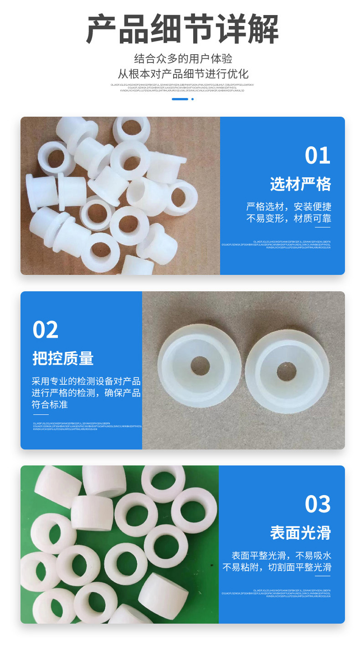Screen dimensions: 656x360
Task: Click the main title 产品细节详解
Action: click(182, 29)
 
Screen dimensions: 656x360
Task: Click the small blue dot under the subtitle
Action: click(192, 99)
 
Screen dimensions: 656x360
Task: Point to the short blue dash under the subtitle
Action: click(180, 99)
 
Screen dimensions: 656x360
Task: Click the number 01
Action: click(317, 156)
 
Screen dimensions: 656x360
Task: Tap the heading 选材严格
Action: click(300, 184)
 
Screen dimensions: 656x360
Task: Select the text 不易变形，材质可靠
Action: click(289, 218)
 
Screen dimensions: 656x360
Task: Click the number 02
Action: click(46, 330)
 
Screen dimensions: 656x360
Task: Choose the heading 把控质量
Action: click(63, 358)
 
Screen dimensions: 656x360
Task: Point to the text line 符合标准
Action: click(50, 404)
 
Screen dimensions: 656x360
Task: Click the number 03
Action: click(317, 504)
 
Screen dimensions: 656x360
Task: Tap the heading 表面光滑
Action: click(300, 532)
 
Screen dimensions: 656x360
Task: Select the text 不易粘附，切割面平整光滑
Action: click(277, 568)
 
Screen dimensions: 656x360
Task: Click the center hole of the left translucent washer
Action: click(200, 366)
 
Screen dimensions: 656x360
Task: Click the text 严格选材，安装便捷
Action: click(289, 207)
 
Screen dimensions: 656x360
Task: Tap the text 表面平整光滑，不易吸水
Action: click(281, 556)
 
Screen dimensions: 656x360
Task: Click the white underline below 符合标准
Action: click(40, 414)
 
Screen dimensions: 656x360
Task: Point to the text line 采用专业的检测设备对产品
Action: click(86, 381)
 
